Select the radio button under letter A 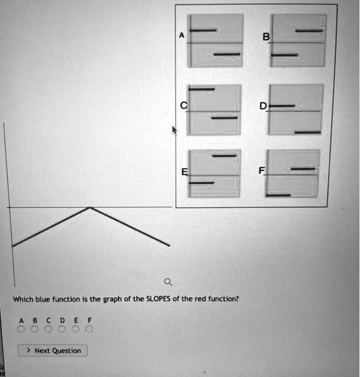(21, 329)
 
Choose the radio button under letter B (34, 329)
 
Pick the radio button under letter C (49, 329)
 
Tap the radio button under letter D (62, 329)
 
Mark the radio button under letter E (75, 329)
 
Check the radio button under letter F (89, 329)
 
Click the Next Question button (53, 350)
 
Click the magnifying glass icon (168, 282)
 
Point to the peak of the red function (90, 207)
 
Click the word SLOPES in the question (158, 299)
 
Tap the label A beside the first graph (182, 36)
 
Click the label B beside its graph (266, 37)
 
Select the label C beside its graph (184, 106)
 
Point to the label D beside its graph (263, 106)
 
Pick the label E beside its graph (184, 172)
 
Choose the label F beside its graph (261, 171)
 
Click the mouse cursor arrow (175, 130)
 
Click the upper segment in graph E (224, 156)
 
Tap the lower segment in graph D (308, 132)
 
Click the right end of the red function (169, 246)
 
